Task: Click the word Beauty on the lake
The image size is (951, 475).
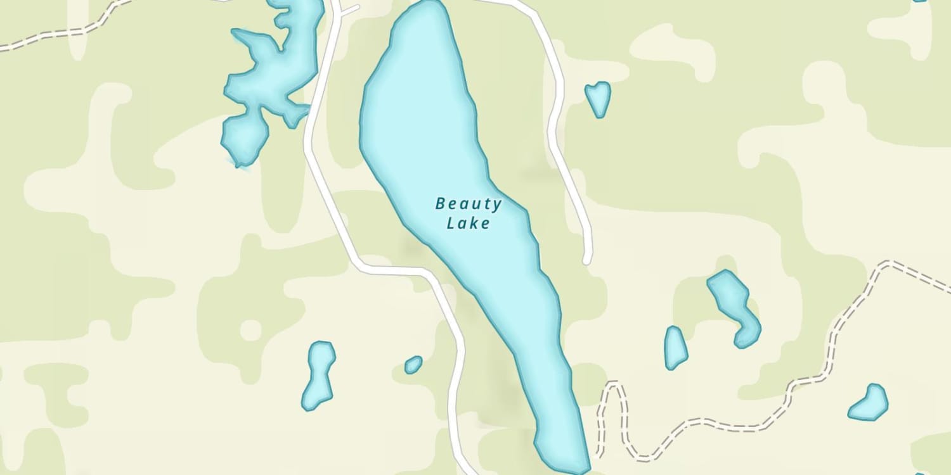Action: click(469, 204)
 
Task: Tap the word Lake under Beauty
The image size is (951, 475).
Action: click(469, 223)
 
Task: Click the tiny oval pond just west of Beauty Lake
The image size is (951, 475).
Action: click(413, 364)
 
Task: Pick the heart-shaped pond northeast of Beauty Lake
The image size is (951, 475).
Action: click(598, 97)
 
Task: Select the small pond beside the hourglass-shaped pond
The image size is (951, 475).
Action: click(675, 348)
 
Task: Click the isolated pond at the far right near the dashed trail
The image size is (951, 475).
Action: click(869, 403)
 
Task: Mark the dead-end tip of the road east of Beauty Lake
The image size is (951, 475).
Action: click(587, 260)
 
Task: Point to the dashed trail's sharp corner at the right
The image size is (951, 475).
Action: click(892, 263)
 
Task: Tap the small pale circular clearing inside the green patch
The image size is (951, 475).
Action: click(251, 330)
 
